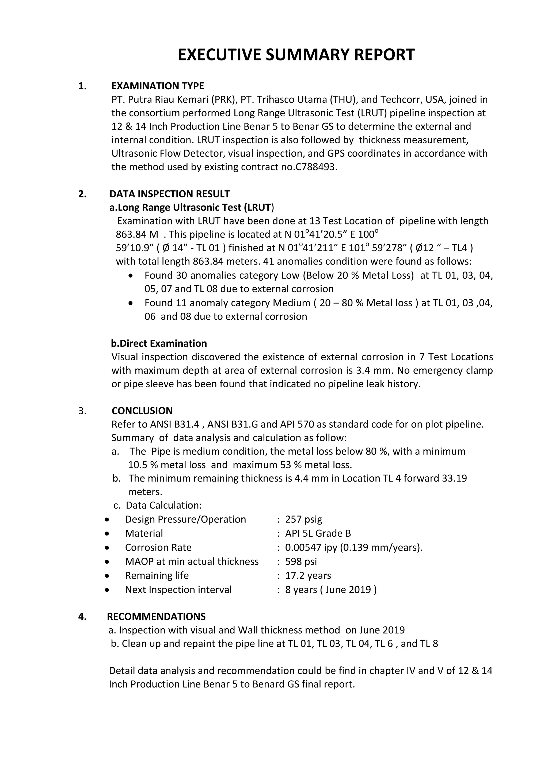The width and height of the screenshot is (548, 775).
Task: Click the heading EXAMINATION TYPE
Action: point(158,86)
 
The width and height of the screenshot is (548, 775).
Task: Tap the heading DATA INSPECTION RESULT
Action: point(169,194)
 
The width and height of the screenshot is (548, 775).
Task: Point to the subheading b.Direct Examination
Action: point(159,343)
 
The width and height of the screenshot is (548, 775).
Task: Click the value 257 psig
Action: point(303,519)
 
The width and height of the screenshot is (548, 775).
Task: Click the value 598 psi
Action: point(301,561)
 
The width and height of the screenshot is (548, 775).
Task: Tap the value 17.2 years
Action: point(308,575)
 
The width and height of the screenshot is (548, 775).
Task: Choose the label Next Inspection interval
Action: point(178,590)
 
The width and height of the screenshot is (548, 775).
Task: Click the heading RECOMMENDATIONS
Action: point(156,617)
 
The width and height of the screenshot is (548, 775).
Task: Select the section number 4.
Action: point(82,617)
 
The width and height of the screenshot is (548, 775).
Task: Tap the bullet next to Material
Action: point(107,534)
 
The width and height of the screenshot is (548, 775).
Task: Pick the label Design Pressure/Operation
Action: point(185,519)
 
